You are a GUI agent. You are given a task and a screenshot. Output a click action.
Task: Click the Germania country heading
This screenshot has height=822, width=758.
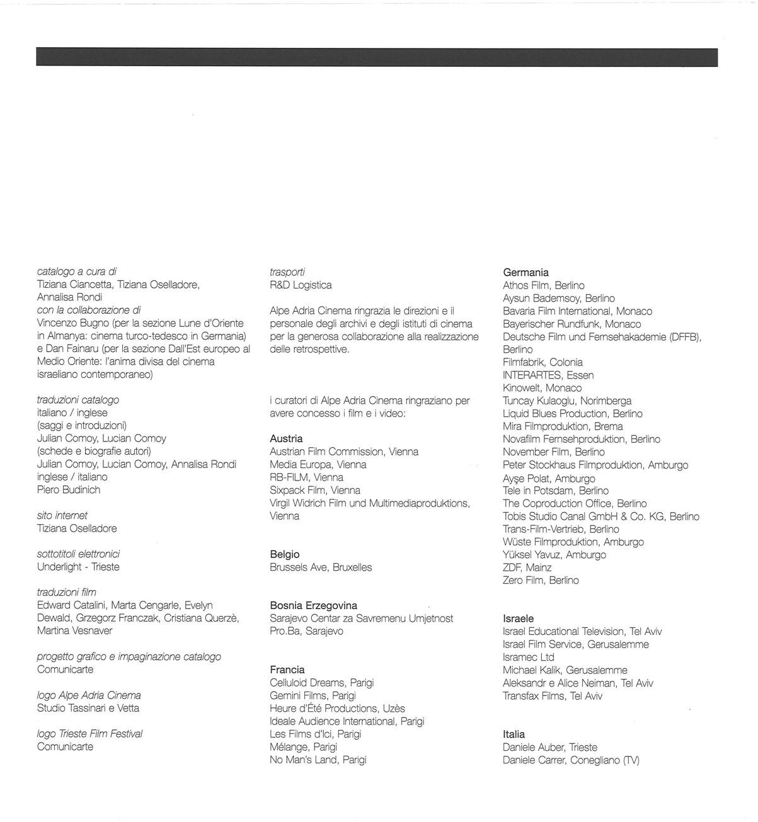tap(525, 273)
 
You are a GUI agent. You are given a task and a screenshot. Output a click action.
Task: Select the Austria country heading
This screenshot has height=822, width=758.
tap(286, 438)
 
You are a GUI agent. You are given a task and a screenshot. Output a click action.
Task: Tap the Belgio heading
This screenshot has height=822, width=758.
tap(284, 554)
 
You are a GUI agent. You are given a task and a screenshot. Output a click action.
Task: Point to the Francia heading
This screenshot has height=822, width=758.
tap(287, 670)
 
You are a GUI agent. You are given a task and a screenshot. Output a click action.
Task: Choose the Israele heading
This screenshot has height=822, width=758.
tap(518, 619)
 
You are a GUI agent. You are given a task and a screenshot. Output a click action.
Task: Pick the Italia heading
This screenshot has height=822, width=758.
tap(514, 734)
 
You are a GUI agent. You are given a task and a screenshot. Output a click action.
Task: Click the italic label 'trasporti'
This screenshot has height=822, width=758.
tap(287, 272)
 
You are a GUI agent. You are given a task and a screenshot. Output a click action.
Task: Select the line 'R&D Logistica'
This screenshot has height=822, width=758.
tap(301, 285)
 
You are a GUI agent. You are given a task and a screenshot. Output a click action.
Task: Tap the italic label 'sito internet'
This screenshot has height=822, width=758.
tap(62, 515)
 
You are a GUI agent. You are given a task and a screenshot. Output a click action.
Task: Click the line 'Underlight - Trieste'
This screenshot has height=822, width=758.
tap(78, 567)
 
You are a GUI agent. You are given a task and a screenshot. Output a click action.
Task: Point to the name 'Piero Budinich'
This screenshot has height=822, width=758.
tap(69, 489)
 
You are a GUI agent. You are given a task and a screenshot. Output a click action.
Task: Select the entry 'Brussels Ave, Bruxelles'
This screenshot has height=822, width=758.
tap(321, 568)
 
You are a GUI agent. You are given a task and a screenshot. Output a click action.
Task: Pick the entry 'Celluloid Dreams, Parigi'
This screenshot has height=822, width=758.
tap(321, 683)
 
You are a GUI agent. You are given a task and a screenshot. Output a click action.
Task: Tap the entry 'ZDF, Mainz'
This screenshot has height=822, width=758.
tap(527, 568)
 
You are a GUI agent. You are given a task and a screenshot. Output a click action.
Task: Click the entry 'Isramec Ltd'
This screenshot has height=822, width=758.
tap(528, 657)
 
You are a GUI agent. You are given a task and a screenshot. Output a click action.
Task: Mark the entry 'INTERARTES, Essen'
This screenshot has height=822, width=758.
tap(548, 375)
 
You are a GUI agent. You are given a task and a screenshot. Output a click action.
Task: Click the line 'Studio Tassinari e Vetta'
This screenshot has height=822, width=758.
tap(88, 708)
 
